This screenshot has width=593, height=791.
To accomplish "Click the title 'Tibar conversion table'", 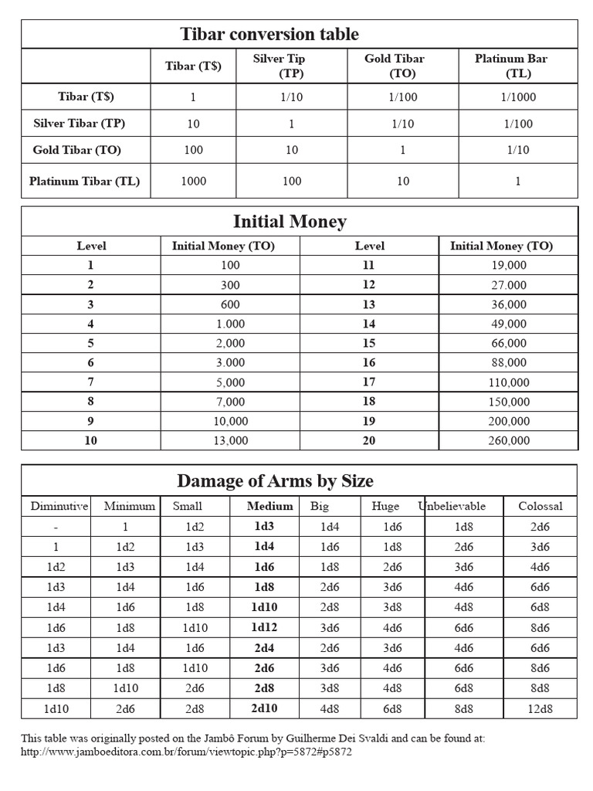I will pyautogui.click(x=269, y=34).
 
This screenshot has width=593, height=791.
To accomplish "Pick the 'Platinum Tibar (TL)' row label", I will pyautogui.click(x=84, y=182).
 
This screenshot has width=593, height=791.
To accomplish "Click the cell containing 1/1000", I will pyautogui.click(x=517, y=97).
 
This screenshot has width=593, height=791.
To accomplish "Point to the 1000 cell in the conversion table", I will pyautogui.click(x=193, y=182).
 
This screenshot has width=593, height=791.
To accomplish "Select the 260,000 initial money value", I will pyautogui.click(x=509, y=440).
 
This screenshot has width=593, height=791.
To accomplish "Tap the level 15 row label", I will pyautogui.click(x=369, y=343).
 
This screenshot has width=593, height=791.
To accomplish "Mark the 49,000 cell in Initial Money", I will pyautogui.click(x=509, y=324).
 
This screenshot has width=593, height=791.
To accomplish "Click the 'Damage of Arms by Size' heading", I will pyautogui.click(x=275, y=480).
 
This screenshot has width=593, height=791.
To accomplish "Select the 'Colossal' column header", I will pyautogui.click(x=540, y=507).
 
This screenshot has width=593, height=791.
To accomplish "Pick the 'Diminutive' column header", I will pyautogui.click(x=59, y=507).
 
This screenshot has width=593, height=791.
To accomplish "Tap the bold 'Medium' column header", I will pyautogui.click(x=269, y=507).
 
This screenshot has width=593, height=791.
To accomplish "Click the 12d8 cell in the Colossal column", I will pyautogui.click(x=540, y=708).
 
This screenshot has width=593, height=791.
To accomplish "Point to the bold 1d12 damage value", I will pyautogui.click(x=264, y=627).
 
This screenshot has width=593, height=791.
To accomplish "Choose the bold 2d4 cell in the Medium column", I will pyautogui.click(x=264, y=647).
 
